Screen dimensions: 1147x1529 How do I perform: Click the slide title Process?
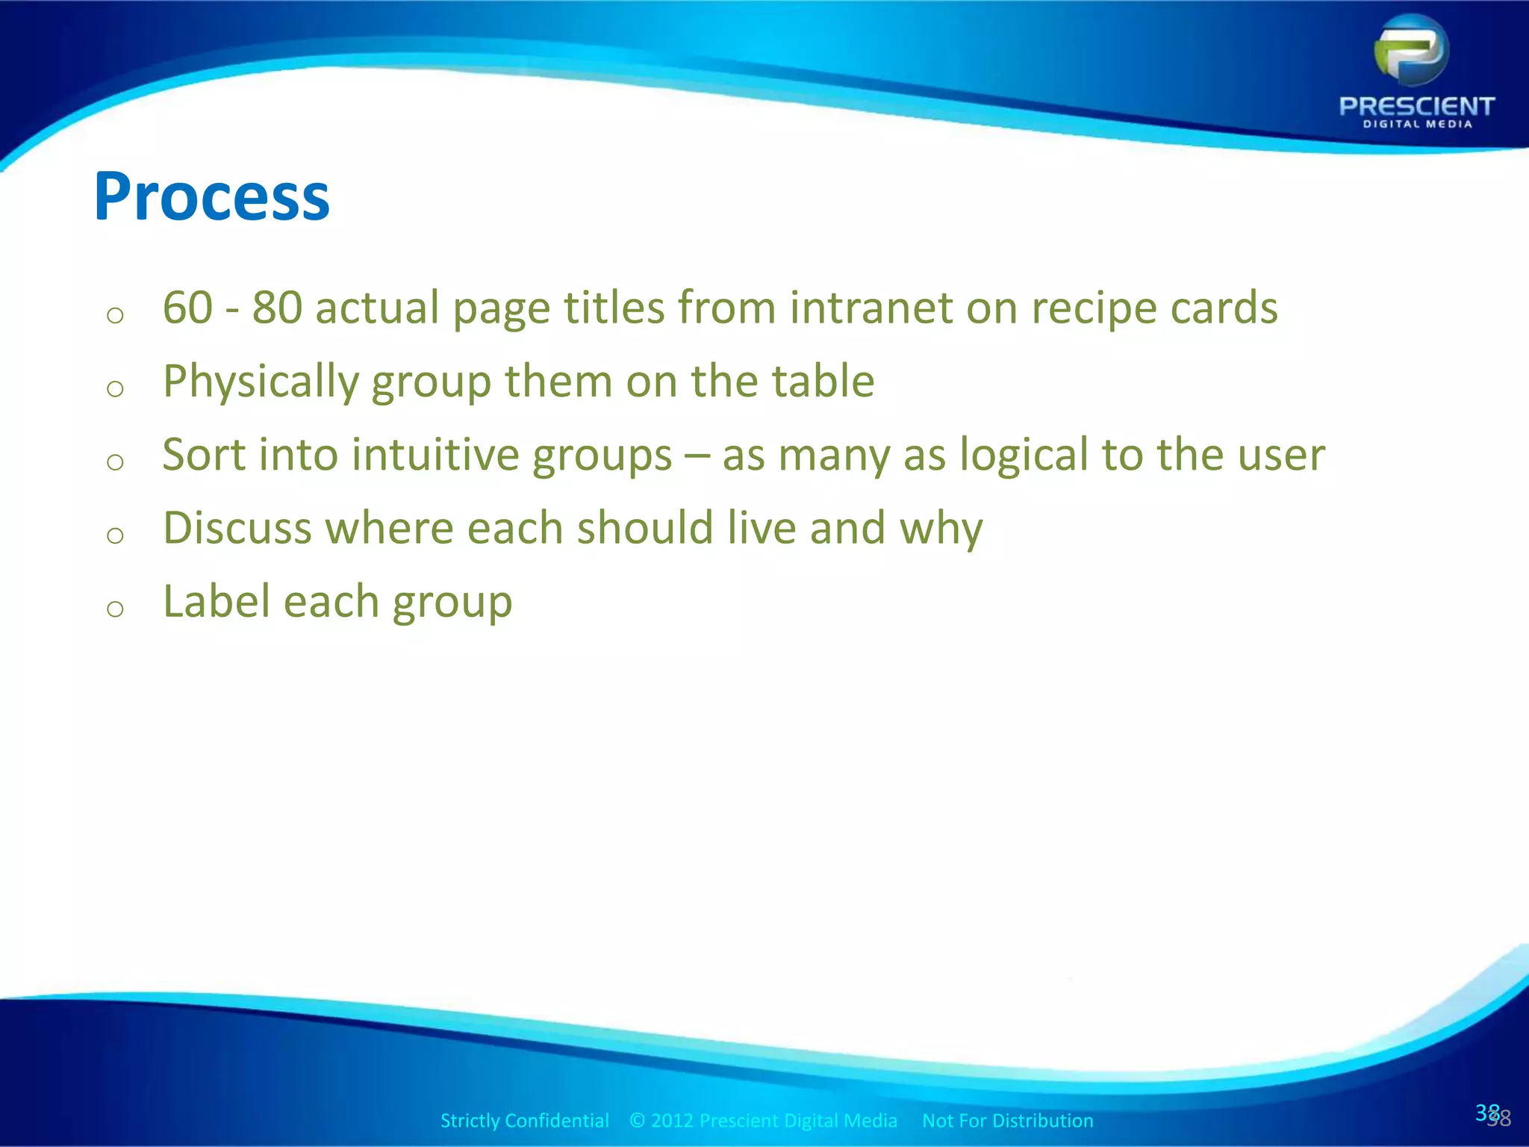(211, 197)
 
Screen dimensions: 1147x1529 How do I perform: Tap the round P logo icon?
(1411, 51)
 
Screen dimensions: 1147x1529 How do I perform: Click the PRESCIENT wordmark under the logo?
(1416, 106)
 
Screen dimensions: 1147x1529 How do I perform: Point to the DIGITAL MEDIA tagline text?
(1417, 125)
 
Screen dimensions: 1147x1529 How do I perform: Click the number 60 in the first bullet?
(187, 307)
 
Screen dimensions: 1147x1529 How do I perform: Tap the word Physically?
(261, 382)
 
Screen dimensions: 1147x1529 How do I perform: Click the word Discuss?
(237, 527)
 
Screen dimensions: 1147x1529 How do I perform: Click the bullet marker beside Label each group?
(115, 609)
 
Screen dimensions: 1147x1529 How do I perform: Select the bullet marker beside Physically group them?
(115, 388)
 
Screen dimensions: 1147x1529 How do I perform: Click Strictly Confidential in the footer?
(524, 1120)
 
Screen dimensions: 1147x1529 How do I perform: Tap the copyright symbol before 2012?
(637, 1120)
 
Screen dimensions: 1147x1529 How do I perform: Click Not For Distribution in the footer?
(1007, 1120)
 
